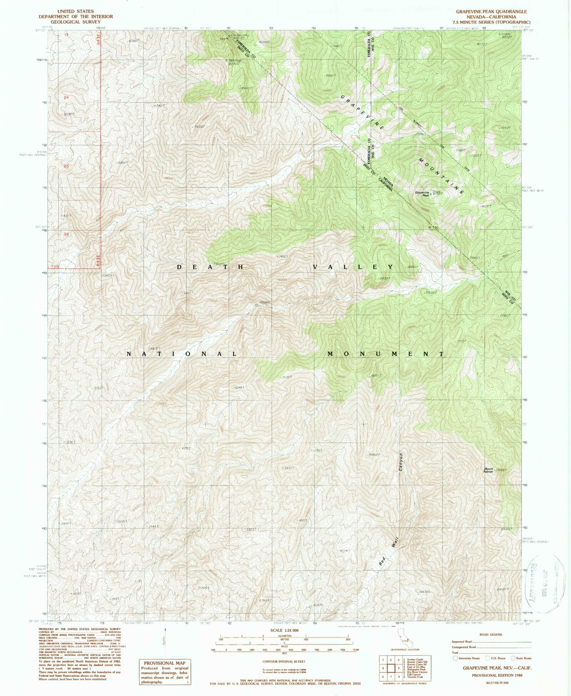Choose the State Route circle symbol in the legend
[513, 658]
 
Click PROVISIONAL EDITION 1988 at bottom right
[497, 675]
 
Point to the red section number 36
[66, 234]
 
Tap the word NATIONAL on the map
[181, 354]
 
